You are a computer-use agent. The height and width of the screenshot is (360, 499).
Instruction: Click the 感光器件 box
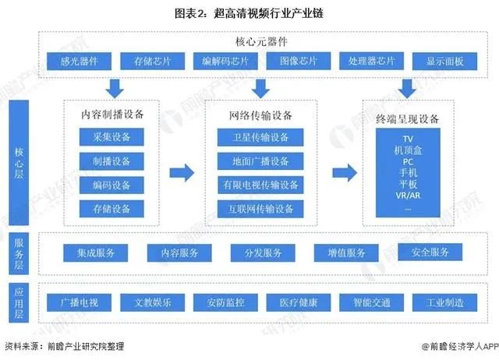point(80,62)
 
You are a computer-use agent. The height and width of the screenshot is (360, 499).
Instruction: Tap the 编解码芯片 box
point(225,62)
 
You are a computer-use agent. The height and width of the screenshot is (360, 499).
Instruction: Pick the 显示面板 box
point(444,62)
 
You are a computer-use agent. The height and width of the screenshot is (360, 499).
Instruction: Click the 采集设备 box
point(112,138)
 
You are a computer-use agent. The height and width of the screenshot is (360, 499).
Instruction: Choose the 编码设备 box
point(112,185)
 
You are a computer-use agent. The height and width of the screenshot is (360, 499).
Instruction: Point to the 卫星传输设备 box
point(260,138)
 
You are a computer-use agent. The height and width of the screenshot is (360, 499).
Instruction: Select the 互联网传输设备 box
point(260,209)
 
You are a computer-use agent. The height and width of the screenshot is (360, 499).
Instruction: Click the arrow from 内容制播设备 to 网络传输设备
point(182,172)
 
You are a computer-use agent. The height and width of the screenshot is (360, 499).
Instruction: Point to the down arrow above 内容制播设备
point(114,86)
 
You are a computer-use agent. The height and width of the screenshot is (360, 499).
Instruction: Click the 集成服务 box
point(95,252)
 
